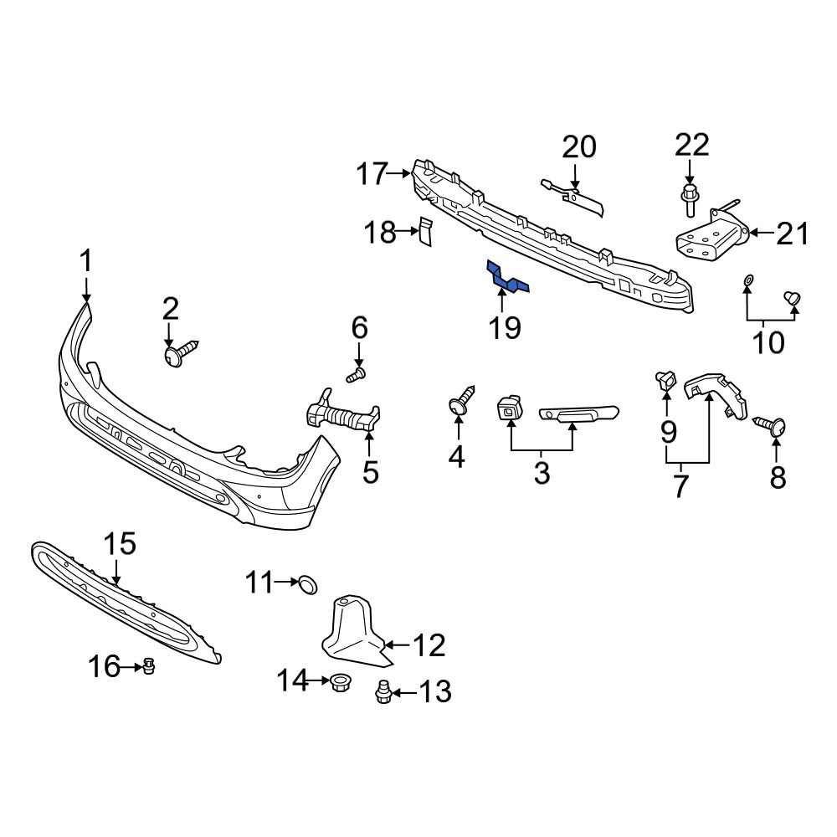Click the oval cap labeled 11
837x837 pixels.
(308, 583)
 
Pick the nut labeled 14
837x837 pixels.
(340, 681)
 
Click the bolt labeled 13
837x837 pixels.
(384, 692)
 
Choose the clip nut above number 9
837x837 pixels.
(666, 382)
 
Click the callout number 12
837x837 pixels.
(429, 645)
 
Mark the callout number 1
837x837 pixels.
(86, 262)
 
